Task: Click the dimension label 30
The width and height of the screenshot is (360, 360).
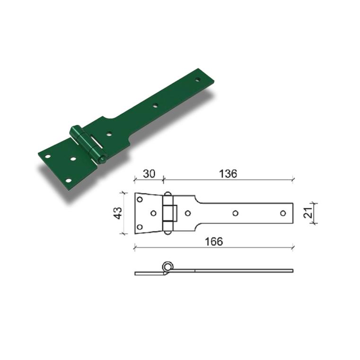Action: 149,174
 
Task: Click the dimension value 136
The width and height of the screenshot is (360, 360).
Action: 228,174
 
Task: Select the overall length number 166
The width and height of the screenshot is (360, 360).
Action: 214,242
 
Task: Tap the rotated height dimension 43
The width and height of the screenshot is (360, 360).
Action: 118,213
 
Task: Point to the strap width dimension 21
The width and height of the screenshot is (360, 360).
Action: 308,212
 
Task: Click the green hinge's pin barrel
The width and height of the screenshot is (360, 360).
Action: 88,145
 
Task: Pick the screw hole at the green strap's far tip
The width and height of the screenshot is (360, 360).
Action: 197,79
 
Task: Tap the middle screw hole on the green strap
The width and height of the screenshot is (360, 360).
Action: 156,105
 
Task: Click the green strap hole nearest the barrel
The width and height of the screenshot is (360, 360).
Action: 109,133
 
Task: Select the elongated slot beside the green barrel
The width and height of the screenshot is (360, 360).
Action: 97,142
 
